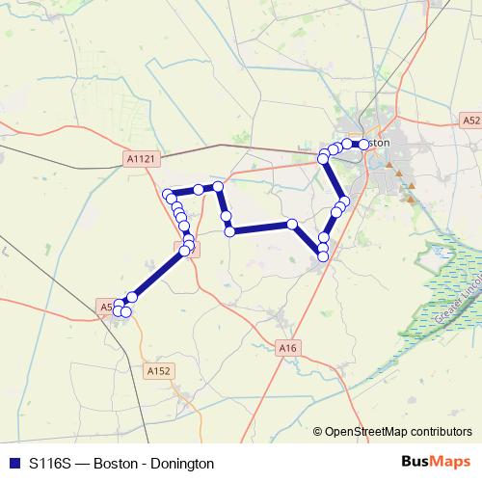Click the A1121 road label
point(140,157)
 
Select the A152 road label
point(158,370)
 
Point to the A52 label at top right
point(469,120)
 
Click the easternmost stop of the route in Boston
point(363,144)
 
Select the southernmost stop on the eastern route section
point(323,255)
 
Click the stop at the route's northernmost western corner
point(218,185)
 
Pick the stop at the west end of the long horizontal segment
point(230,230)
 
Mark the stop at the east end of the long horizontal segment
point(292,225)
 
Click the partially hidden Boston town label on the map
point(378,143)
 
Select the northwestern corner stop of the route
point(168,193)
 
